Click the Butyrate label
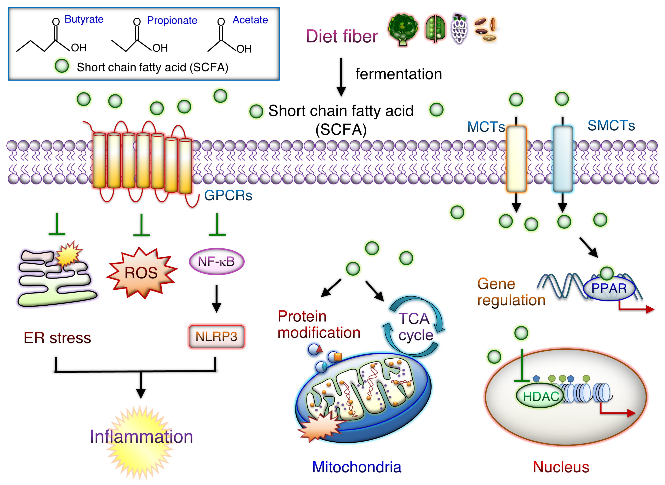coord(84,19)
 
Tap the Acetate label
coord(250,20)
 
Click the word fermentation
coord(399,74)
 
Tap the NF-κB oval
coord(217,261)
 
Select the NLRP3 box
coord(217,336)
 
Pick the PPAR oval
coord(609,288)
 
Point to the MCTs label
coord(486,127)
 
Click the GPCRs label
coord(228,195)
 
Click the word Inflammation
coord(141,437)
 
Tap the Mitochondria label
coord(357,467)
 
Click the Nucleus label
coord(561,467)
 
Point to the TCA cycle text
coord(415,327)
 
